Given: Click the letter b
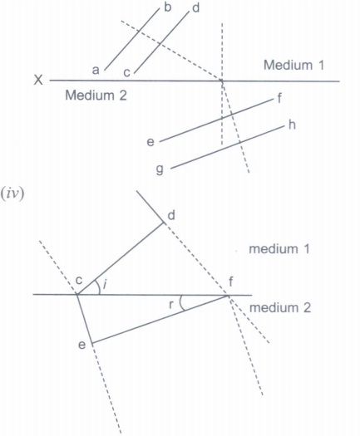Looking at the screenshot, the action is pyautogui.click(x=168, y=7).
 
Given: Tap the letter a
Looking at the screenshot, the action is pyautogui.click(x=96, y=70).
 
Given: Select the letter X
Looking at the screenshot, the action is pyautogui.click(x=38, y=80).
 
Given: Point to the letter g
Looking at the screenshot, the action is pyautogui.click(x=160, y=169).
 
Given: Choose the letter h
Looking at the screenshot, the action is pyautogui.click(x=292, y=125).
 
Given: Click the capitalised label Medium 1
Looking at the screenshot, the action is pyautogui.click(x=293, y=65).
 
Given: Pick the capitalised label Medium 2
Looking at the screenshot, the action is pyautogui.click(x=96, y=96).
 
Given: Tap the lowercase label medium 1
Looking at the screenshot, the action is pyautogui.click(x=279, y=249).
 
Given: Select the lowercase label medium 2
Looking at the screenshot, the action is pyautogui.click(x=280, y=308).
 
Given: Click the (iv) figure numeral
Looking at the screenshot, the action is pyautogui.click(x=12, y=194).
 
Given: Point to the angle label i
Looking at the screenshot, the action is pyautogui.click(x=105, y=285).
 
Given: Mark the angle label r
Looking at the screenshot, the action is pyautogui.click(x=171, y=305).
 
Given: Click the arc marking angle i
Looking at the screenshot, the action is pyautogui.click(x=99, y=287).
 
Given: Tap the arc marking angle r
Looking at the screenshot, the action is pyautogui.click(x=180, y=303).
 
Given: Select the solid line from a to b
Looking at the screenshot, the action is pyautogui.click(x=131, y=40).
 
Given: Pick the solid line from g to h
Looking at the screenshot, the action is pyautogui.click(x=228, y=147).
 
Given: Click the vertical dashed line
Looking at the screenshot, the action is pyautogui.click(x=222, y=84).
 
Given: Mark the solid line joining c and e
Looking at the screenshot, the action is pyautogui.click(x=84, y=319).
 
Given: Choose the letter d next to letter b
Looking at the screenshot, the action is pyautogui.click(x=196, y=8).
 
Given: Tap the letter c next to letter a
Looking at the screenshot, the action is pyautogui.click(x=126, y=72).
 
